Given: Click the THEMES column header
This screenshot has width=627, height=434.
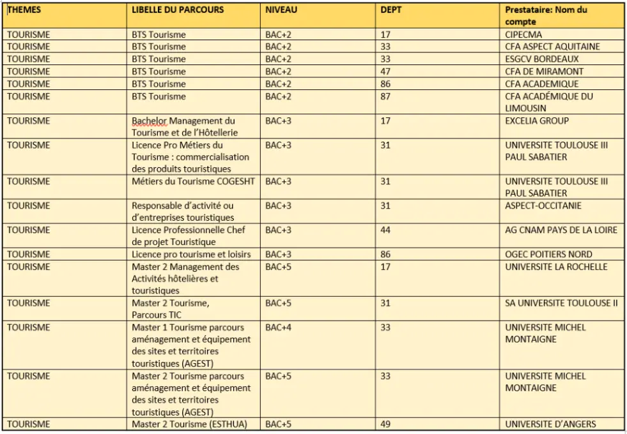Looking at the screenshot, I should [24, 10].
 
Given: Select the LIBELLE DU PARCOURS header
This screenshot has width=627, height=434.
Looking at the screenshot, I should [178, 10].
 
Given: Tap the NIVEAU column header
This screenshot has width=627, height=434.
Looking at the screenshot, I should [281, 10].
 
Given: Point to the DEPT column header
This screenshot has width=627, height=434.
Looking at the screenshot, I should [391, 10].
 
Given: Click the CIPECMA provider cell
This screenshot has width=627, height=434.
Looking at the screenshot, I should [523, 34].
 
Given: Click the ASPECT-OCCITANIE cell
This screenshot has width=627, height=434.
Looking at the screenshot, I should [543, 206].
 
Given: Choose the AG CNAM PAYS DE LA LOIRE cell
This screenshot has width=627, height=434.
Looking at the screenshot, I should [561, 230].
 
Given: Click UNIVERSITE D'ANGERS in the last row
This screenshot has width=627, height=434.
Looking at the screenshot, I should [550, 424].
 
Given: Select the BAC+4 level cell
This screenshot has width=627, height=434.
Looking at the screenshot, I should [278, 327].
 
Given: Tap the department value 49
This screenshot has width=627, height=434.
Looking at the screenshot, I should [385, 424].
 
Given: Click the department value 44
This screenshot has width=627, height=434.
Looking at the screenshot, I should [385, 230].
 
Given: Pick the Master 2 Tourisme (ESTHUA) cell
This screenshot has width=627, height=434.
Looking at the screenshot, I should [189, 424].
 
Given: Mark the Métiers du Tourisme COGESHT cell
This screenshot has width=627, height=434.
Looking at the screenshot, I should [193, 181].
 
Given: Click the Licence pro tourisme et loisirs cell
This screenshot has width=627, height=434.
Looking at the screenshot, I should [191, 254].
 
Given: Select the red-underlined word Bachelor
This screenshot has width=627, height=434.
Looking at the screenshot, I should [148, 121].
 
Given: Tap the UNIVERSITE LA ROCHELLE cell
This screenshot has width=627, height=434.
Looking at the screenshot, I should [556, 267].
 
